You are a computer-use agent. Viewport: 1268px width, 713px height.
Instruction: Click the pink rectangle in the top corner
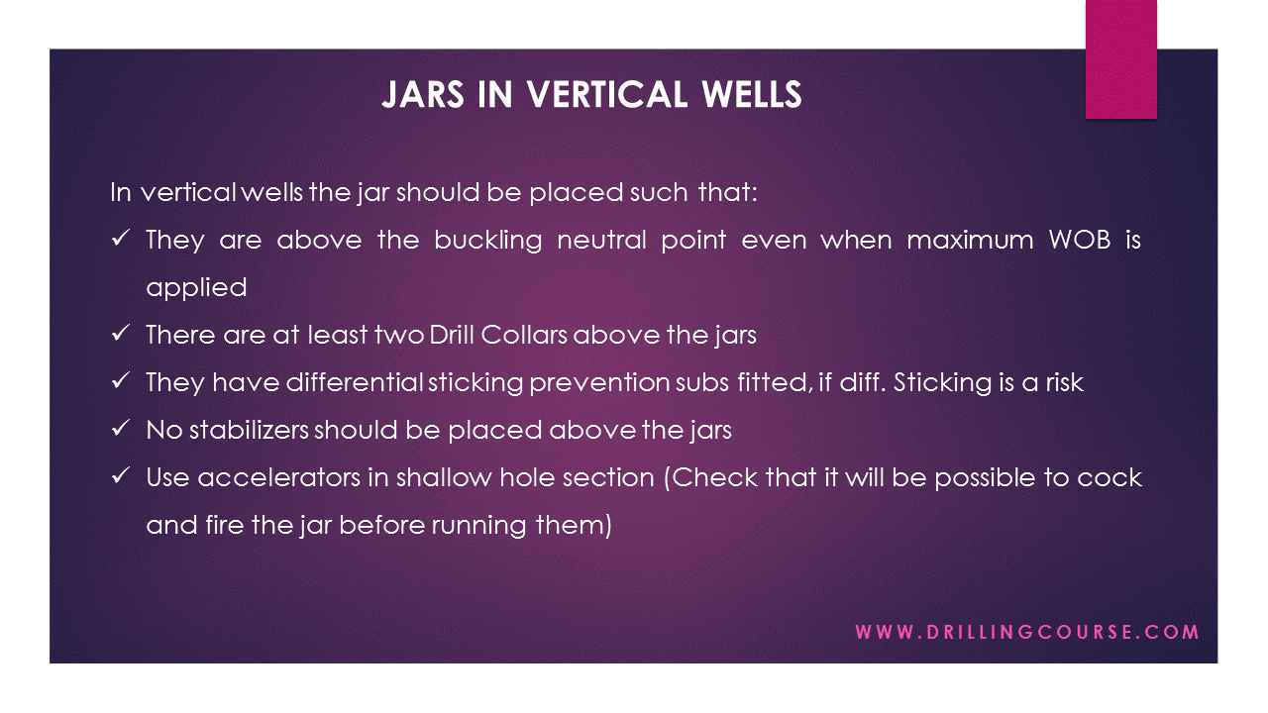1120,59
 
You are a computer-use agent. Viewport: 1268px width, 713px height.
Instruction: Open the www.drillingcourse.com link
1027,632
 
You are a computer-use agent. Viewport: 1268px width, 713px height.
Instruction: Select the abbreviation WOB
1070,241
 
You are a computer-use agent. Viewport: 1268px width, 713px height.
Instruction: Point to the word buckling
487,241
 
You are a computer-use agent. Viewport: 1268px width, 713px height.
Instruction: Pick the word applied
196,288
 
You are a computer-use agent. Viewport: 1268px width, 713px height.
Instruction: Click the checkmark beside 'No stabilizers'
123,430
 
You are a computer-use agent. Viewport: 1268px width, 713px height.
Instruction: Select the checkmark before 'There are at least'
123,335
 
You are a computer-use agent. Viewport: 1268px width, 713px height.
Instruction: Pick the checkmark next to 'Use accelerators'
123,477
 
